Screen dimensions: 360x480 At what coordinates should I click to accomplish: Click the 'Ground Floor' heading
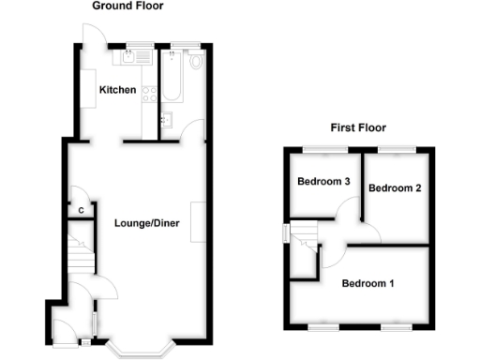127,6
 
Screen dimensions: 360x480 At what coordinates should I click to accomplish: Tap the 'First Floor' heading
357,127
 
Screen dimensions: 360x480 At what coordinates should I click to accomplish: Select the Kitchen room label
119,91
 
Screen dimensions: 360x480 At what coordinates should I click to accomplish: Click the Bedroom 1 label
367,283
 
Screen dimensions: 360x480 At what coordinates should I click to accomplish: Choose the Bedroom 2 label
394,188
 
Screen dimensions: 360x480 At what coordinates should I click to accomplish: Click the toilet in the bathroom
195,61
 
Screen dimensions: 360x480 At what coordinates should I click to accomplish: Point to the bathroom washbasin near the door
168,120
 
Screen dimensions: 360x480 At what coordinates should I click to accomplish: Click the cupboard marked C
82,210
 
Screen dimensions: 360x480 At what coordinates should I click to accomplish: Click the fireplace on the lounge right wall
198,222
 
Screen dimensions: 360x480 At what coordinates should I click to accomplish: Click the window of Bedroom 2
396,150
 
